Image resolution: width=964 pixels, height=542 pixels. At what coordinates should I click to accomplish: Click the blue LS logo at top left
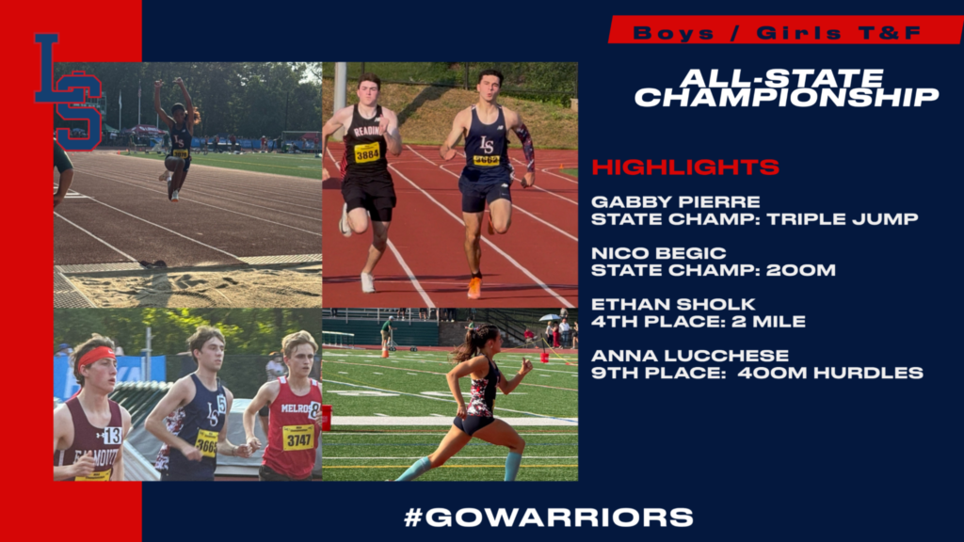click(x=69, y=92)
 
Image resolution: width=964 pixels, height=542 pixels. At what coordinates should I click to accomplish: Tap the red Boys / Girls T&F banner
click(x=785, y=30)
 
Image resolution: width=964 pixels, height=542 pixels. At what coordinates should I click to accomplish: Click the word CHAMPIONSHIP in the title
click(x=787, y=97)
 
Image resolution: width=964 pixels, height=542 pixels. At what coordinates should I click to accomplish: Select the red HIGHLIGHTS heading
click(x=685, y=167)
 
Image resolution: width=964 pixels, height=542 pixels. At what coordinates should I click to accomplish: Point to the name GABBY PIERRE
click(x=676, y=201)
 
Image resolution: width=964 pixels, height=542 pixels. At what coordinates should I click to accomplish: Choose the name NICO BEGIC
click(x=658, y=253)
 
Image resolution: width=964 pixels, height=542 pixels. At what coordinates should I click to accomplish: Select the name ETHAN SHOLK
click(x=673, y=304)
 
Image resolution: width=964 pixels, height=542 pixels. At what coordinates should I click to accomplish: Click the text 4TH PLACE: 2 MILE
click(x=699, y=322)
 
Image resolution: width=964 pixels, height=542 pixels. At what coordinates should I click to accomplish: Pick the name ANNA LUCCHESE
click(x=690, y=355)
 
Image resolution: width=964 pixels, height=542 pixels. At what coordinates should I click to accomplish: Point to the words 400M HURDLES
click(x=830, y=373)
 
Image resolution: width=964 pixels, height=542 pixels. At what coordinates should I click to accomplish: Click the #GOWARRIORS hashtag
click(x=549, y=518)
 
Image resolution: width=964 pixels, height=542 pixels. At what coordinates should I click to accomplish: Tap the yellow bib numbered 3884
click(x=367, y=152)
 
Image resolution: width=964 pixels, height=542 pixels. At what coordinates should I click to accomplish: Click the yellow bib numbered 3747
click(x=298, y=437)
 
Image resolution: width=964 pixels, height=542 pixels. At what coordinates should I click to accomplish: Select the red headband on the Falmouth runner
click(x=97, y=357)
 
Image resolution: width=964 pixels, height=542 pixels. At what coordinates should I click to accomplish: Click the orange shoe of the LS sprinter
click(x=474, y=288)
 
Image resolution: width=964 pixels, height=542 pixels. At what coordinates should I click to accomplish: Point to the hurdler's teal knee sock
click(x=512, y=466)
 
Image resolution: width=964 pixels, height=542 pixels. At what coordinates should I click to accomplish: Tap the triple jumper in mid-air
click(x=177, y=139)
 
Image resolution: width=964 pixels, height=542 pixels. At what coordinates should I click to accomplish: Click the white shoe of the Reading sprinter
click(x=368, y=282)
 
